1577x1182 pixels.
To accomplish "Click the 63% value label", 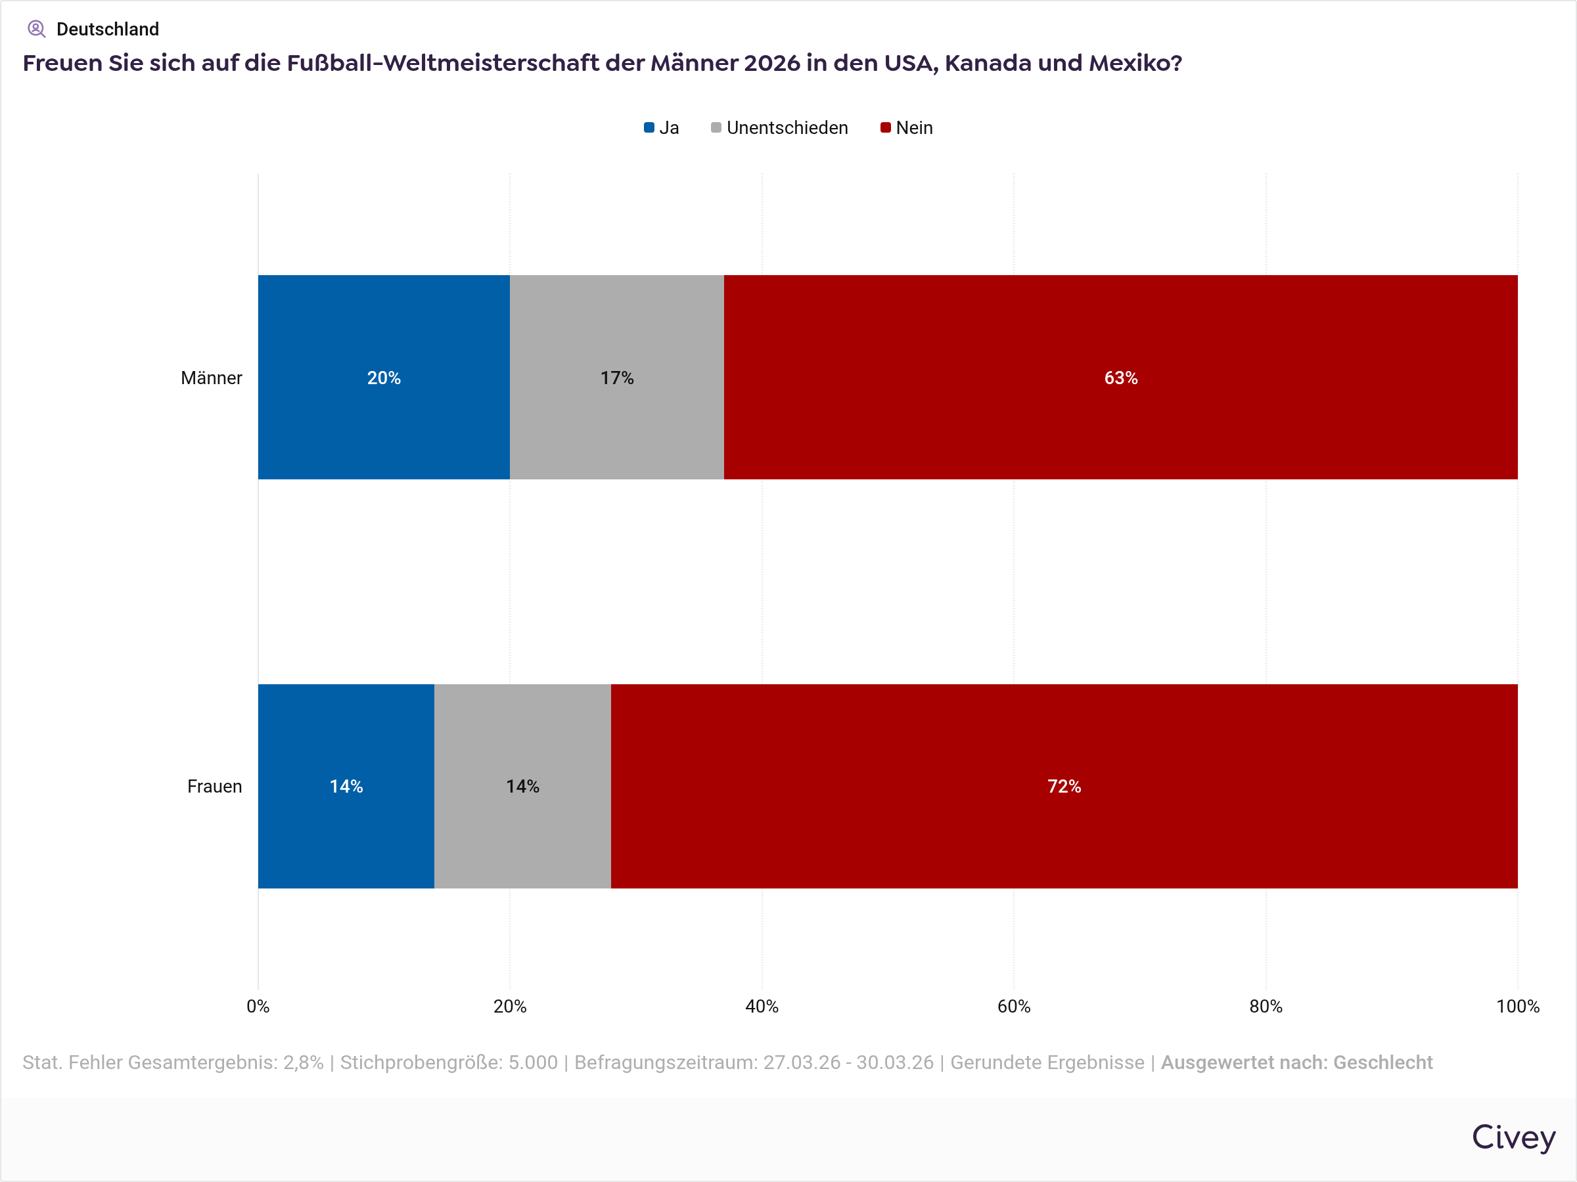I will click(x=1121, y=378).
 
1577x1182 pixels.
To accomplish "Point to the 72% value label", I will click(x=1064, y=786).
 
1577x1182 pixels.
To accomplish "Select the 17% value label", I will click(x=617, y=378).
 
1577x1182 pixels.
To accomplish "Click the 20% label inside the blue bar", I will click(x=384, y=378).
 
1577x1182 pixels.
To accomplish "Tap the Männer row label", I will click(x=211, y=378).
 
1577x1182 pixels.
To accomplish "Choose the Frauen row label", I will click(x=215, y=786).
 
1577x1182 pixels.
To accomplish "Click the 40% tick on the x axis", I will click(x=762, y=1006).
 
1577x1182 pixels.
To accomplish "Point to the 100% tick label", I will click(x=1517, y=1006).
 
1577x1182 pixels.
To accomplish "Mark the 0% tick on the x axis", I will click(x=258, y=1006).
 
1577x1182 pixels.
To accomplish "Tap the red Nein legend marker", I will click(x=886, y=127).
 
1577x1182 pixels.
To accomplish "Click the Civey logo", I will click(x=1513, y=1137).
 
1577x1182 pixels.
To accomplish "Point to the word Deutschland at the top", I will click(x=108, y=29).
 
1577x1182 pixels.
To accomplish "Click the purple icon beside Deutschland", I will click(x=36, y=29).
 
